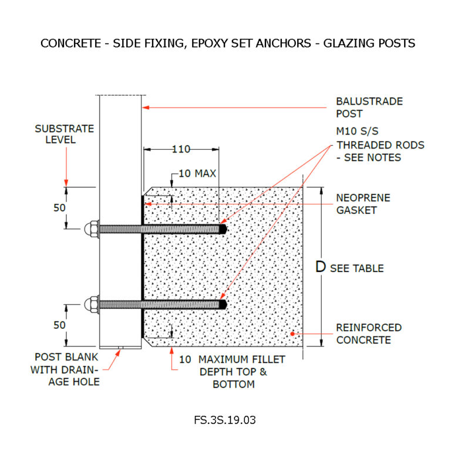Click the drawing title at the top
click(227, 43)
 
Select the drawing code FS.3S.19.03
click(225, 420)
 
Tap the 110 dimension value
click(181, 150)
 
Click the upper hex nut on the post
click(92, 228)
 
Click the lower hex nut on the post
click(92, 304)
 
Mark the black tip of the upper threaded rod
click(222, 229)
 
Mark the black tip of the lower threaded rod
click(222, 304)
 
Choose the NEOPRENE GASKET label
click(363, 204)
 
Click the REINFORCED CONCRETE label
click(369, 334)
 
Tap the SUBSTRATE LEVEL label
click(55, 134)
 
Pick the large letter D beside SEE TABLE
click(321, 267)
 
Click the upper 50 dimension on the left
click(59, 208)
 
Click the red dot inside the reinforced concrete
click(292, 334)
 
